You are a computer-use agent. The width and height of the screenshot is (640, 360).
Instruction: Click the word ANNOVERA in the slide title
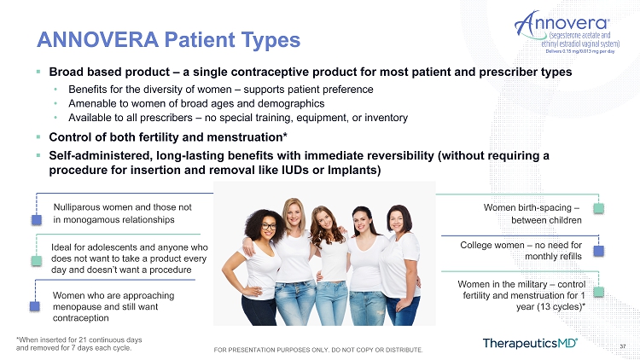click(x=98, y=39)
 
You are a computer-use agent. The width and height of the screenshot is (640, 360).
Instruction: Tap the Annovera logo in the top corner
click(x=567, y=32)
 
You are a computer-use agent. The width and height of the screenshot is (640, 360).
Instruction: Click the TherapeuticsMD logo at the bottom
click(x=530, y=343)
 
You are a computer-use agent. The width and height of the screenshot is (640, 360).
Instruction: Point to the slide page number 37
click(x=623, y=346)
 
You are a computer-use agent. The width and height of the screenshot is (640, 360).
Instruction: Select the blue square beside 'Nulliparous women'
click(x=37, y=220)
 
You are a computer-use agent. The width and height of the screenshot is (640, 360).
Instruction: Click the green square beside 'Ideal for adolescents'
click(x=37, y=261)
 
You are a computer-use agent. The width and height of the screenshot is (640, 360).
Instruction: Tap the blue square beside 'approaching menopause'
click(x=35, y=306)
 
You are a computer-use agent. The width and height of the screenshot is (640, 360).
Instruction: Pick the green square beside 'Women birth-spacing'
click(x=598, y=208)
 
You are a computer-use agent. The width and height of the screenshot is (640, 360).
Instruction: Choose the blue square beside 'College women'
click(x=598, y=251)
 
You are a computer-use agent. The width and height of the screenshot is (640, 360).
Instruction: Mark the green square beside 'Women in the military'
click(x=598, y=292)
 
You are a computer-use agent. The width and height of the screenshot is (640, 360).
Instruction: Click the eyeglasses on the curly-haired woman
click(x=269, y=227)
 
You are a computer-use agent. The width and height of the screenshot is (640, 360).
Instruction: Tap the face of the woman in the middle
click(x=325, y=220)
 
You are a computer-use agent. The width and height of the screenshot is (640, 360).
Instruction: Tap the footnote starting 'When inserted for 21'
click(x=79, y=344)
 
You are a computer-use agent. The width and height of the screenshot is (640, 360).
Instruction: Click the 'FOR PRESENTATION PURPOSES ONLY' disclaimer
click(x=318, y=350)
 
